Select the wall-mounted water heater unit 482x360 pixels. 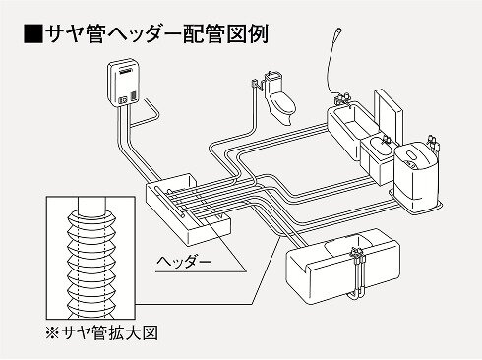123,83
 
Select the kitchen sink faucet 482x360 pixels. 356,258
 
